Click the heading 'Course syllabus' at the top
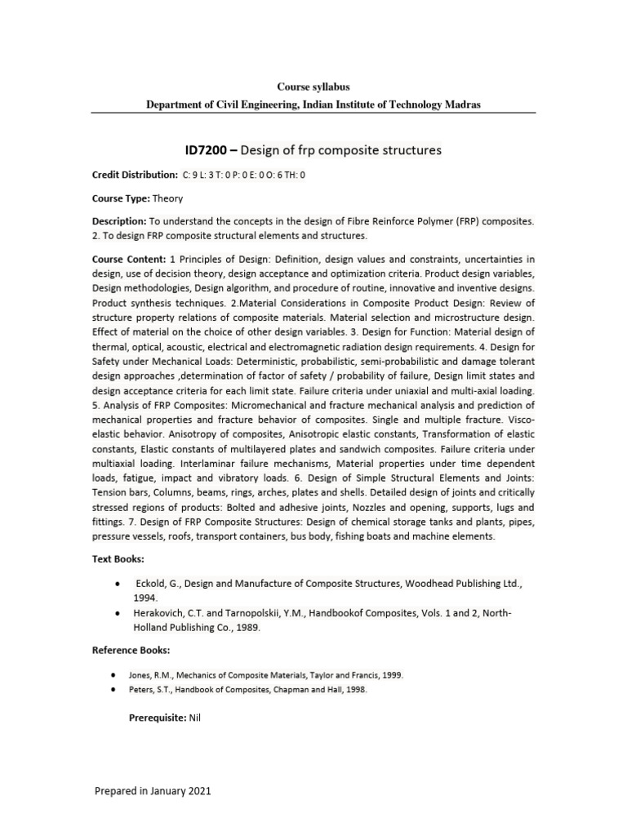tap(313, 86)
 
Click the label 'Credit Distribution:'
tap(134, 175)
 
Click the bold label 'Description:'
tap(118, 222)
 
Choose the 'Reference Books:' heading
tap(131, 650)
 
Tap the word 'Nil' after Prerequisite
tap(194, 717)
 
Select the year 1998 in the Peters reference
tap(355, 689)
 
